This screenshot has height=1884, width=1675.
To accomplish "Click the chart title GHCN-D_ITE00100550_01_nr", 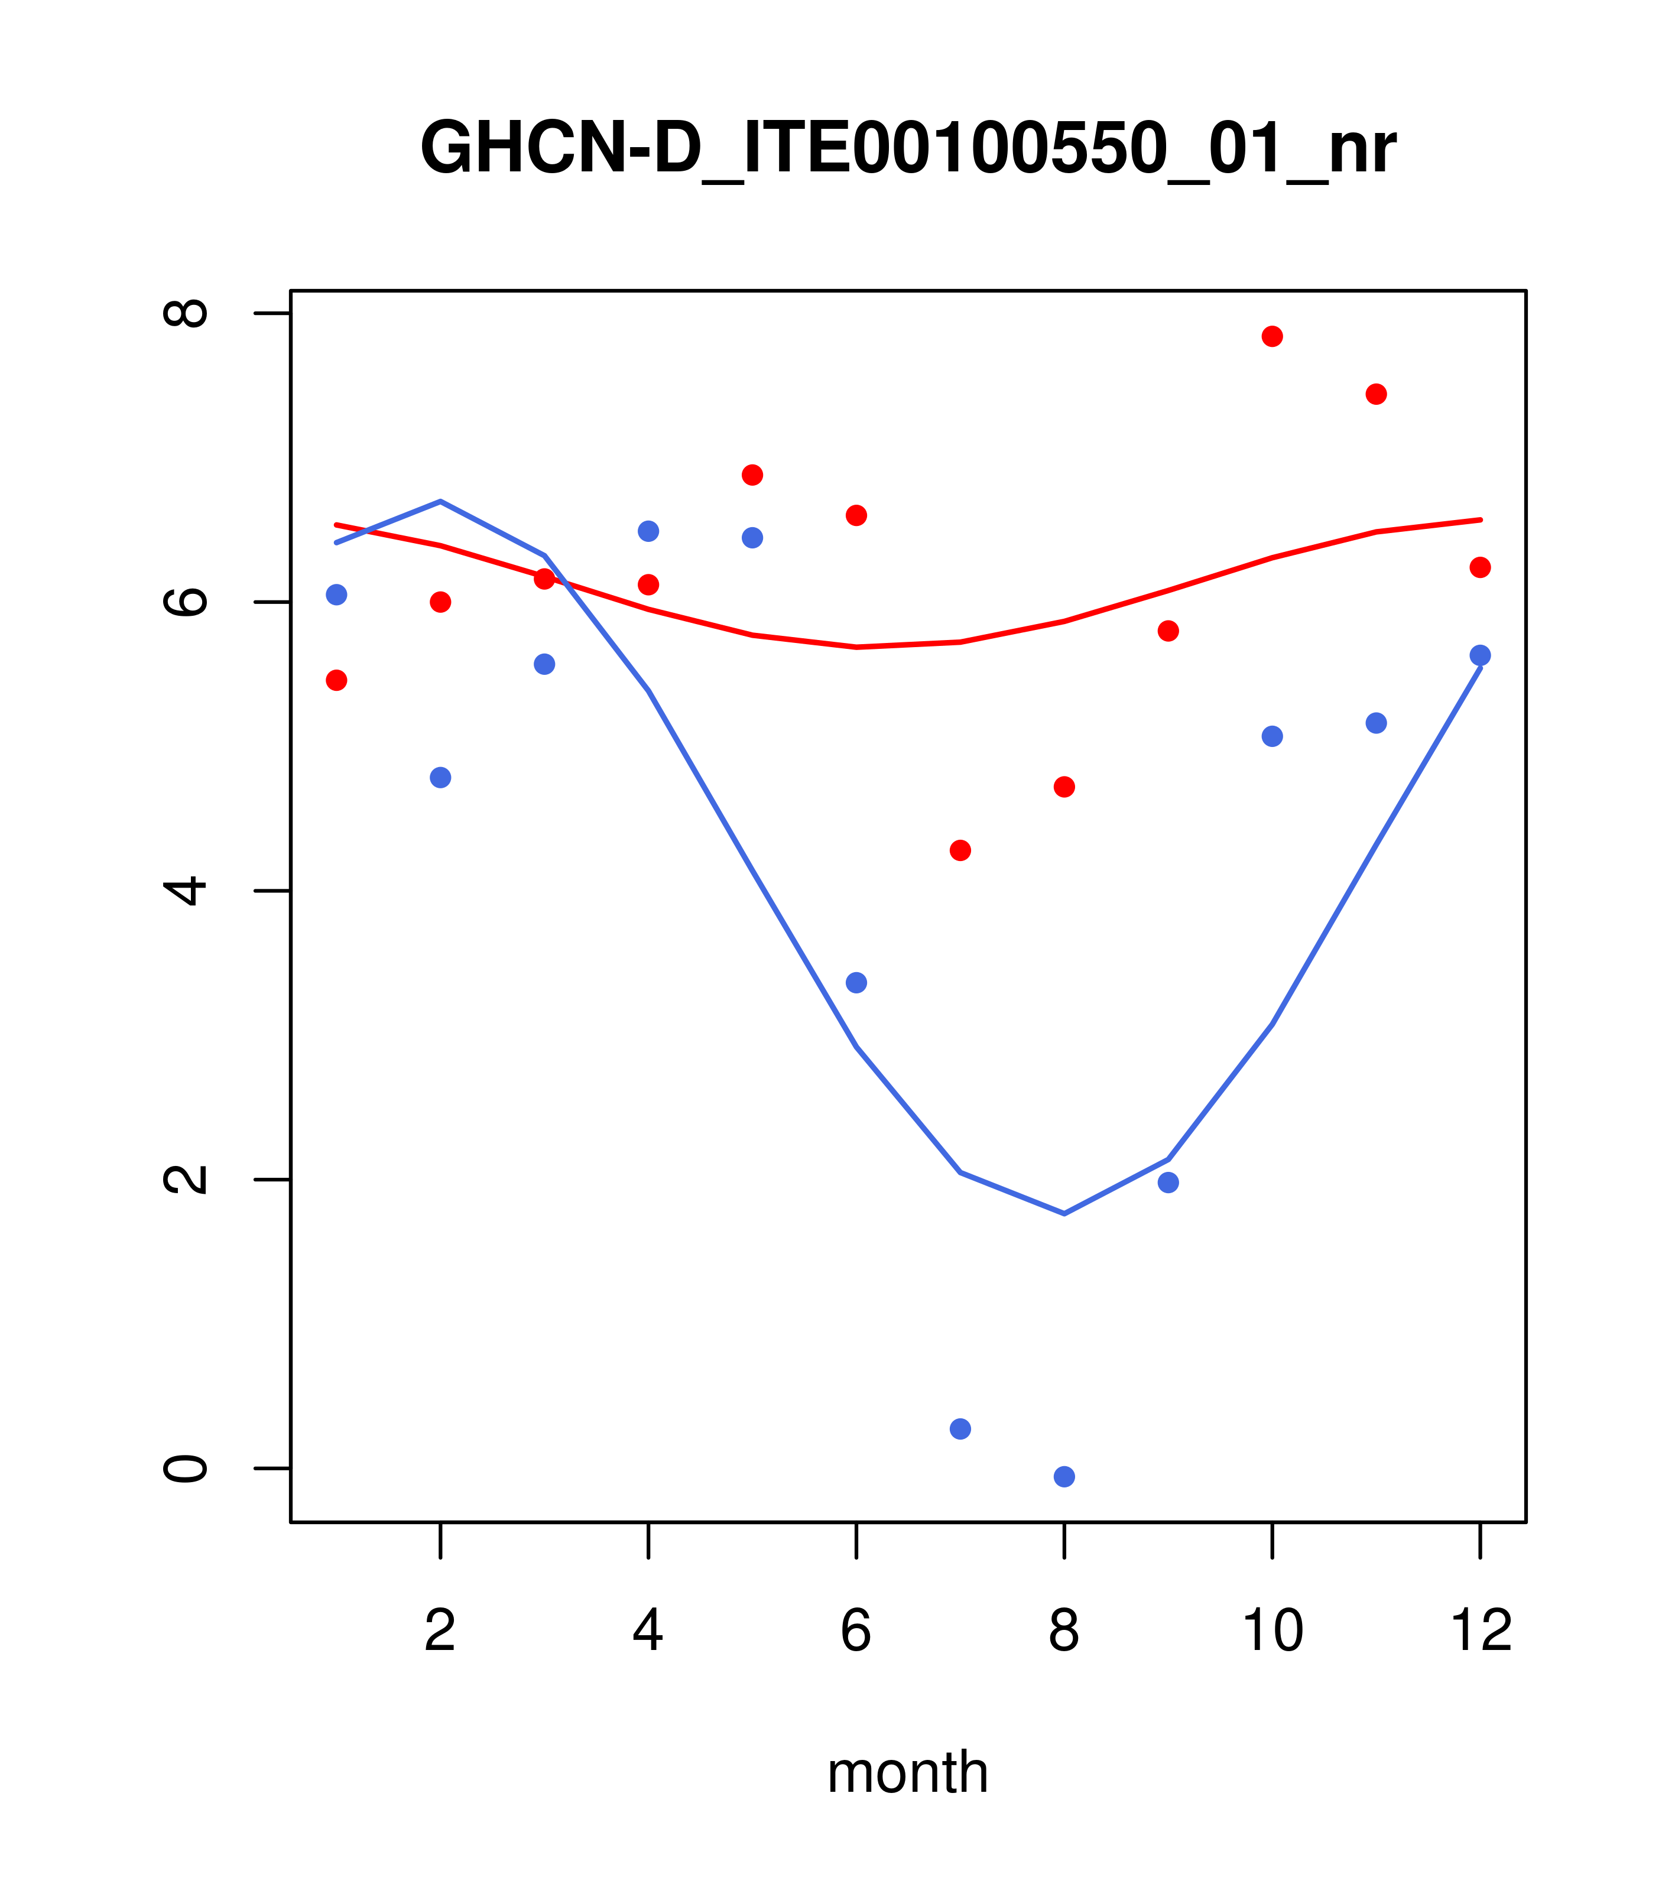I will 907,148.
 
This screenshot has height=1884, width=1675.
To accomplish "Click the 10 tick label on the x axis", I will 1272,1630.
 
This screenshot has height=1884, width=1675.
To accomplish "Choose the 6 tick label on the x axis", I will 856,1630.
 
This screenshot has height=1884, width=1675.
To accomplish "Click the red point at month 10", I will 1272,336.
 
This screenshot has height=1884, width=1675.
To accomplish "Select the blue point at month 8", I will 1064,1477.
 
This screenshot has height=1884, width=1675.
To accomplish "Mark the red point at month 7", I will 960,850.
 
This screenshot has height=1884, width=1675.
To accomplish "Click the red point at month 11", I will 1377,395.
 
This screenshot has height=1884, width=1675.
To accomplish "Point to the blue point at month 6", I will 856,983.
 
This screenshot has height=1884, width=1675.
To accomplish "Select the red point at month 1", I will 336,680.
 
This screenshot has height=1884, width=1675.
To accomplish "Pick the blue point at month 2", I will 441,777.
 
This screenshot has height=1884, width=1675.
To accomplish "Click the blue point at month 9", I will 1168,1183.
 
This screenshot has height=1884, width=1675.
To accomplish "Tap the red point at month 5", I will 752,475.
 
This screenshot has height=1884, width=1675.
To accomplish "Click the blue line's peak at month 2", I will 441,501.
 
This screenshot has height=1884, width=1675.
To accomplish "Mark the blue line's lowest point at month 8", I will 1064,1213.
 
